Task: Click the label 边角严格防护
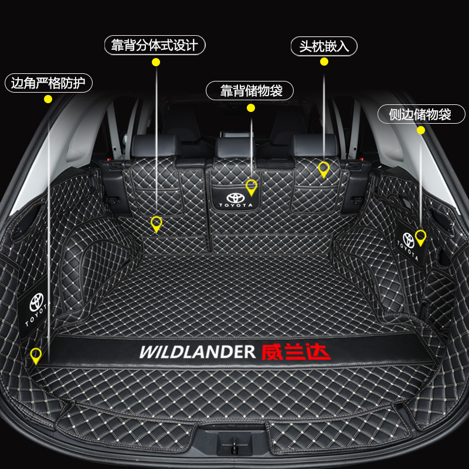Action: coord(49,83)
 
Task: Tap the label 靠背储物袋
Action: coord(251,91)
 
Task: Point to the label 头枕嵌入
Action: coord(324,46)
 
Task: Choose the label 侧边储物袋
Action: coord(420,114)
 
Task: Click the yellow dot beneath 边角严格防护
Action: coord(49,100)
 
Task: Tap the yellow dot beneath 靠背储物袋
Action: coord(251,107)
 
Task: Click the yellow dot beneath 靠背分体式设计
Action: coord(156,62)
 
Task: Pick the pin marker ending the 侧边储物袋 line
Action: coord(420,237)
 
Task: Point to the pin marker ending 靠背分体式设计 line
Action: coord(156,223)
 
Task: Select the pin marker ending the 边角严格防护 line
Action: coord(36,355)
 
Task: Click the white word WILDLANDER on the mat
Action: coord(197,352)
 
